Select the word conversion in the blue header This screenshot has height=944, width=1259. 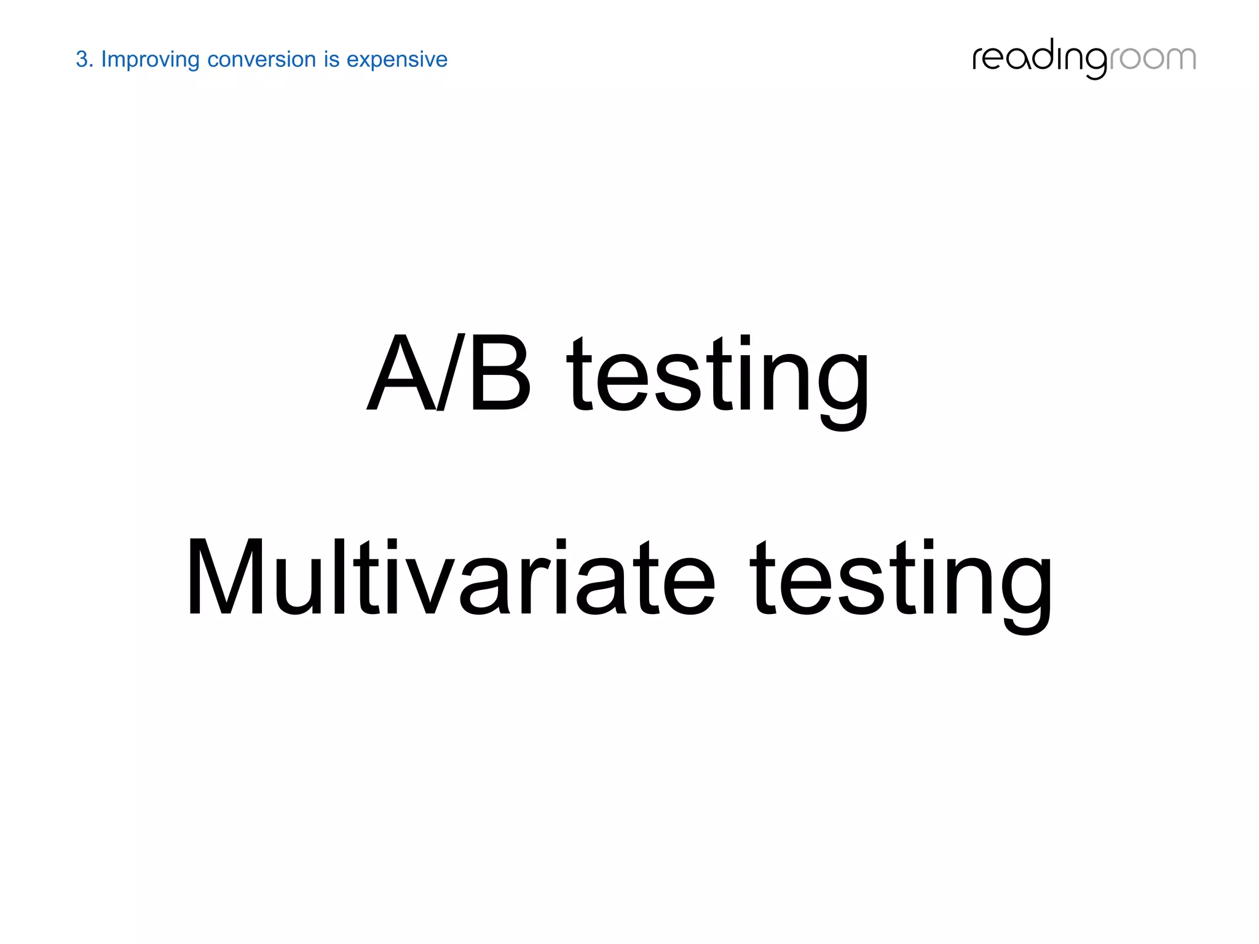[261, 60]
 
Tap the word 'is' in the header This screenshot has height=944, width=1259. [332, 60]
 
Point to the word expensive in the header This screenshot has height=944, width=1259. [397, 60]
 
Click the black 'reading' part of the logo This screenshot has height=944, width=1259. [1039, 58]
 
